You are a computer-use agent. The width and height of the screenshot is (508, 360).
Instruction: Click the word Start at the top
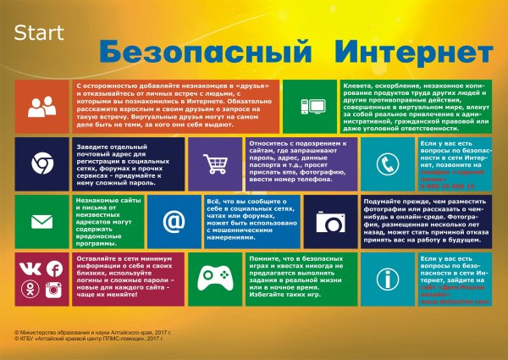pyautogui.click(x=36, y=35)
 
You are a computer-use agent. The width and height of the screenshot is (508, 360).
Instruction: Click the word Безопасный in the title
pyautogui.click(x=196, y=50)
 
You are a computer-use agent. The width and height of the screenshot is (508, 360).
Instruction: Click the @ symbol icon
pyautogui.click(x=174, y=221)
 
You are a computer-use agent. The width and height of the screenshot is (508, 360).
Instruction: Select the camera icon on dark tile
pyautogui.click(x=327, y=222)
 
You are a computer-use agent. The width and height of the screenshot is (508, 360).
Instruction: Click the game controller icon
pyautogui.click(x=211, y=278)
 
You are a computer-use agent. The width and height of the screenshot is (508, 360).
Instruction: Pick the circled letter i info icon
pyautogui.click(x=388, y=278)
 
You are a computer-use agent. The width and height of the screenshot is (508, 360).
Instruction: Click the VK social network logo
pyautogui.click(x=30, y=269)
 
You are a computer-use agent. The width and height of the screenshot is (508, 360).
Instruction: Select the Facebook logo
pyautogui.click(x=54, y=269)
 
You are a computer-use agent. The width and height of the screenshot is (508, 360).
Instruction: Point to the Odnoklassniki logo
pyautogui.click(x=30, y=290)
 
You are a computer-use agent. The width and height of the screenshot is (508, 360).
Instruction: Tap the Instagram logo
pyautogui.click(x=54, y=290)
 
